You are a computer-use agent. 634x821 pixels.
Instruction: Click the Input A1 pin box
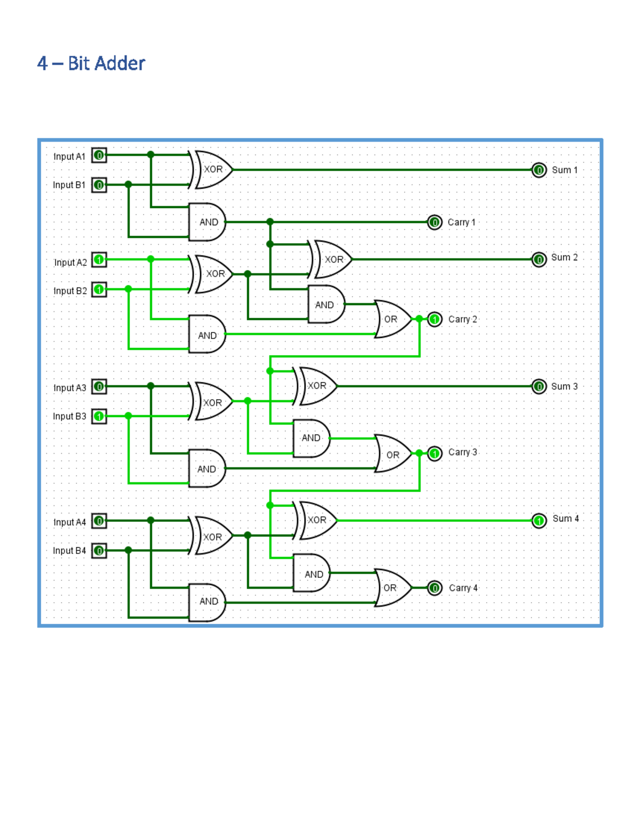tap(99, 155)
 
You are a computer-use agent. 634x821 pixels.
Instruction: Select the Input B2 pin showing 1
tap(99, 290)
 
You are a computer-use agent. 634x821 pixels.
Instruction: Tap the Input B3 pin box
tap(99, 416)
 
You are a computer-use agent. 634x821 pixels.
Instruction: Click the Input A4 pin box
tap(99, 521)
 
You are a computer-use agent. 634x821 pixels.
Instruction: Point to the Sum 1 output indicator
tap(538, 170)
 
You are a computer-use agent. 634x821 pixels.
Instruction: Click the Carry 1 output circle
tap(434, 223)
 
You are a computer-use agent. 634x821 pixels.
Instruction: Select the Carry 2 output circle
tap(434, 319)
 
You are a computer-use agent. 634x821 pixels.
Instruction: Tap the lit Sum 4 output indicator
tap(538, 521)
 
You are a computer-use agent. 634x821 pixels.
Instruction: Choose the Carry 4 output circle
tap(434, 588)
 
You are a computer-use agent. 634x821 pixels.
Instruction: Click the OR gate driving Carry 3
tap(392, 454)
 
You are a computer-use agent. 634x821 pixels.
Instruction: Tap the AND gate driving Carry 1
tap(208, 222)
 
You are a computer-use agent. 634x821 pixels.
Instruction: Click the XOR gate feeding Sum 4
tap(317, 521)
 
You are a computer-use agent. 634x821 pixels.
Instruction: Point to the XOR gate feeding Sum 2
tap(332, 260)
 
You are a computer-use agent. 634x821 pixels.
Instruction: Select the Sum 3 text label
tap(564, 386)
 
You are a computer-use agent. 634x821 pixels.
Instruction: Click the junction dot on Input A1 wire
tap(151, 155)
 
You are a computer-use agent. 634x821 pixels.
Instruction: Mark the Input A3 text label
tap(70, 388)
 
